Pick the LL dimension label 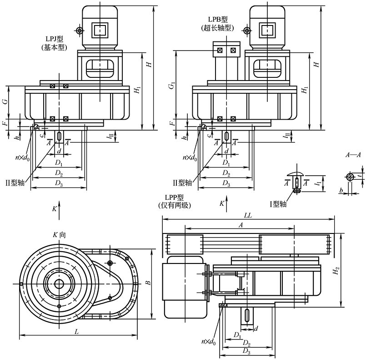tap(248, 214)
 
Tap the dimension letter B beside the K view tap(147, 283)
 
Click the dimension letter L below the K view tap(77, 332)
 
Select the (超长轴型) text tap(217, 28)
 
